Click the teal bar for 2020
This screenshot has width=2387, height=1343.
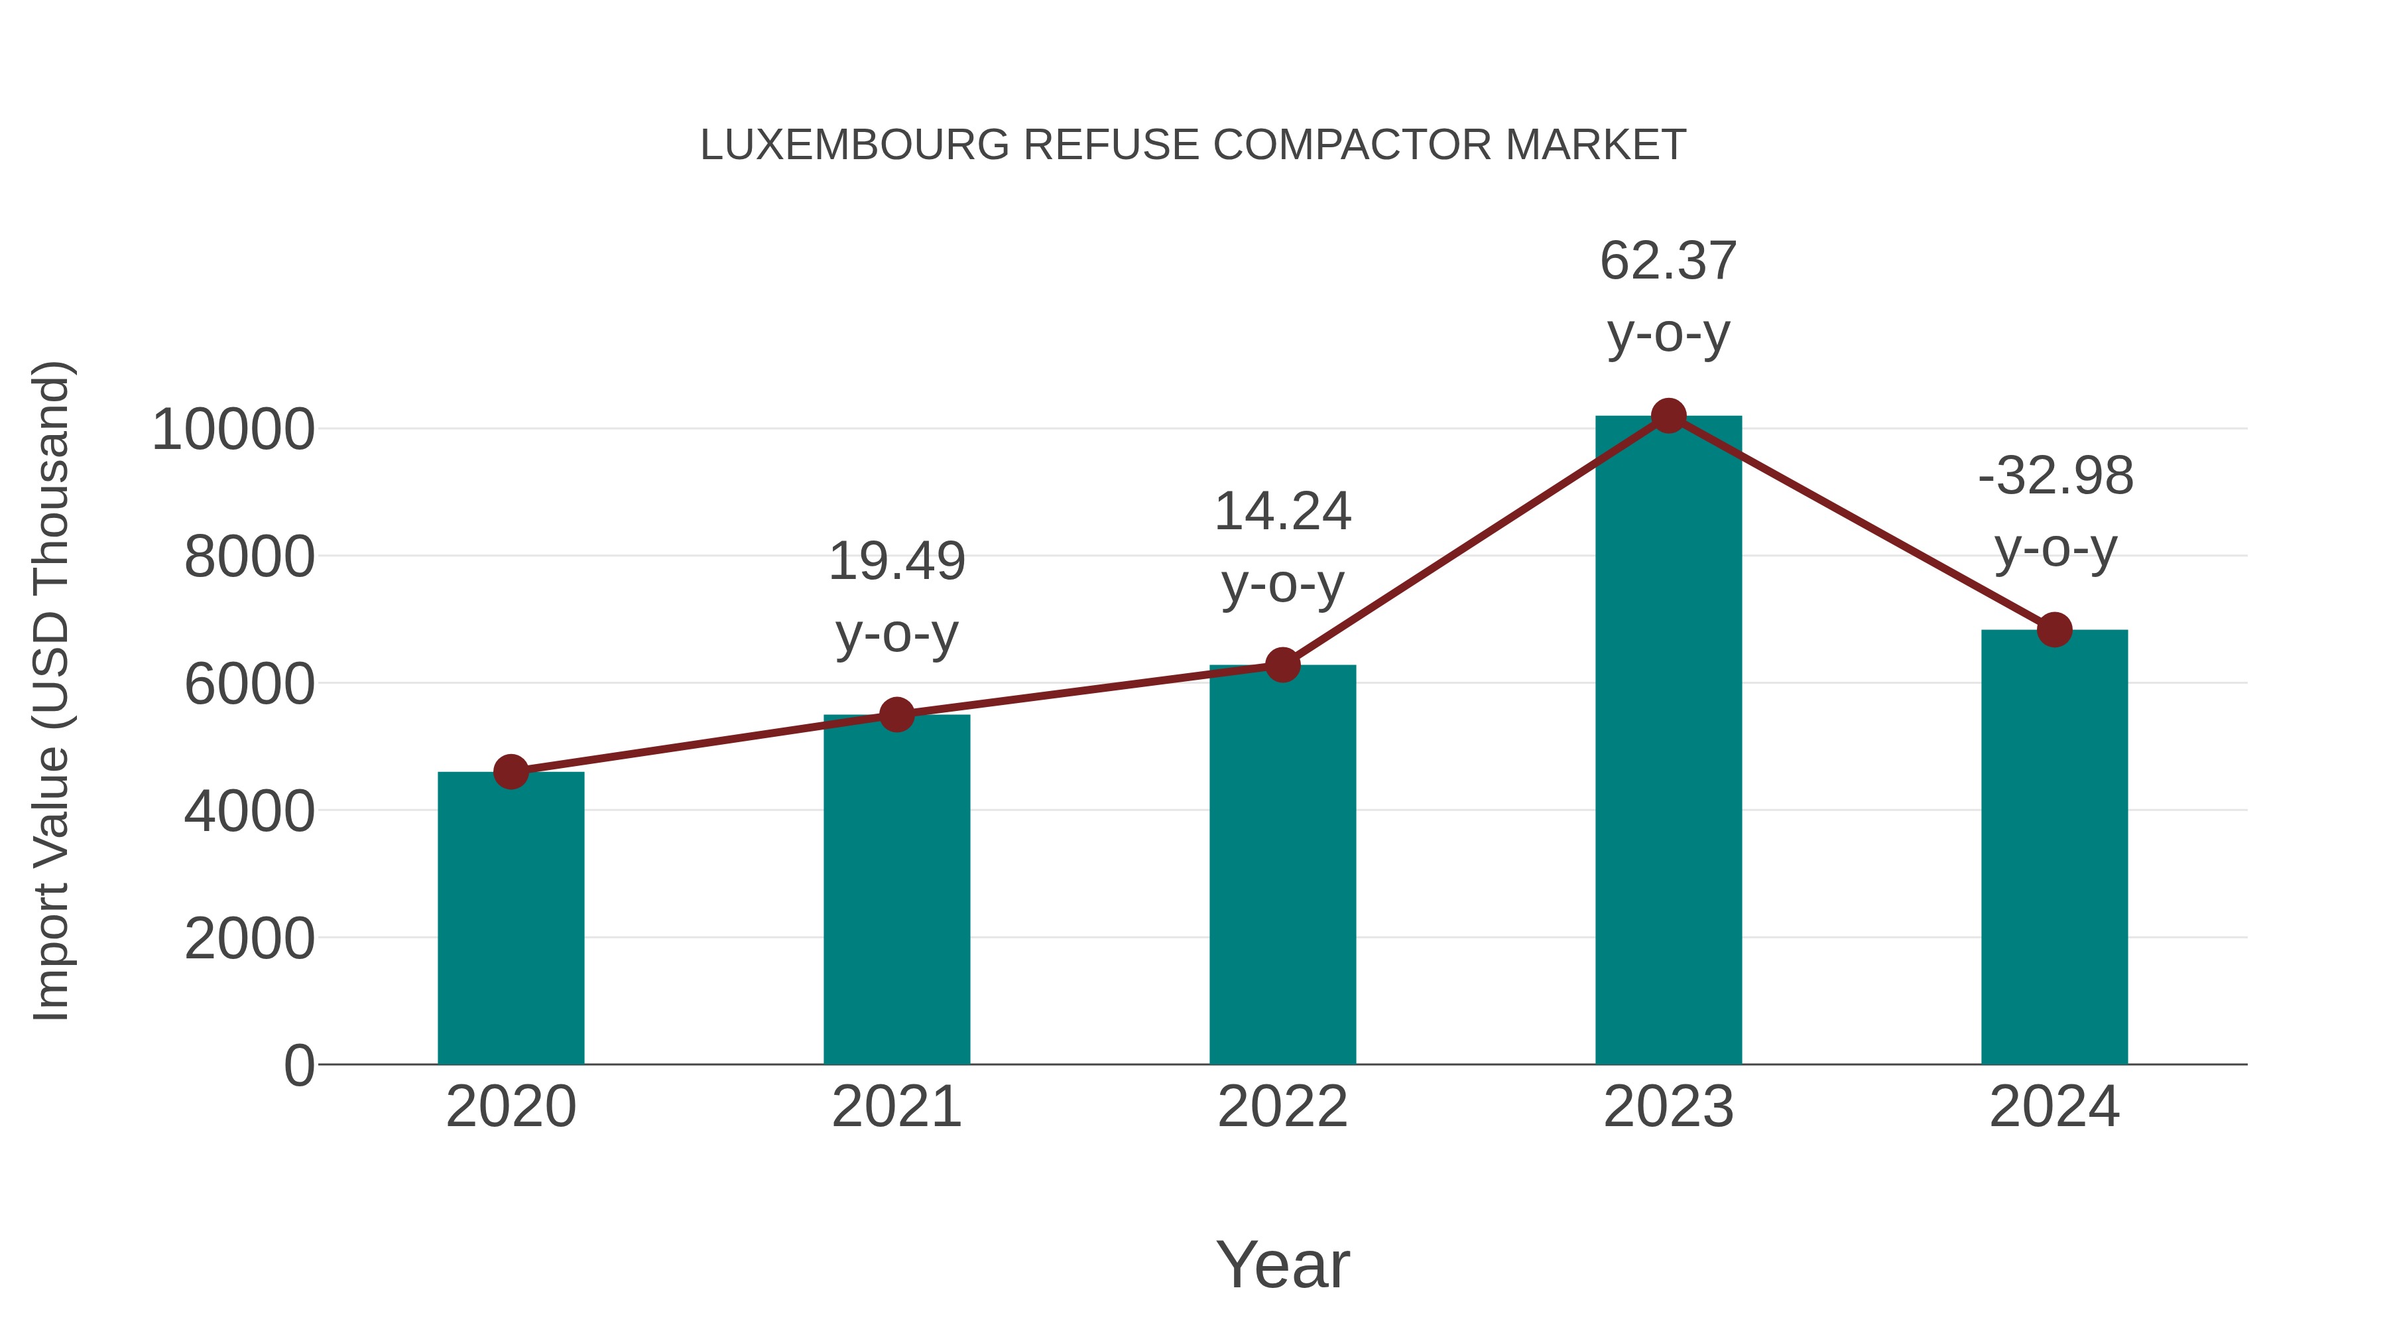point(511,918)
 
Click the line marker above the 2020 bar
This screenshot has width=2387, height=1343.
point(511,771)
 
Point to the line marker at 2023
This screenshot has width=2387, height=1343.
point(1668,416)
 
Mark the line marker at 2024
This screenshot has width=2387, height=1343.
point(2054,630)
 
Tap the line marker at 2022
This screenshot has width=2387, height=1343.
point(1282,665)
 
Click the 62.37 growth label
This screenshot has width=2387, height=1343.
point(1668,261)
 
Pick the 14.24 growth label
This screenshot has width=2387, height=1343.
point(1282,511)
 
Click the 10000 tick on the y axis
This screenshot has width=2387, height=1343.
point(233,430)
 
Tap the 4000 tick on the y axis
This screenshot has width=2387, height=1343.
point(249,812)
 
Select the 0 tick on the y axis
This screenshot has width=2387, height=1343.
point(298,1066)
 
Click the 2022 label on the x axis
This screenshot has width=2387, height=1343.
point(1282,1107)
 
